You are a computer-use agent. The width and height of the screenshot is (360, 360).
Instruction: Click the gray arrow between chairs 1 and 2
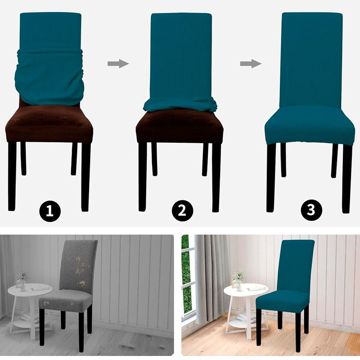(118, 63)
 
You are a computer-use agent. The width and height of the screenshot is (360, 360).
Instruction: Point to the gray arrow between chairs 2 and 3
(251, 63)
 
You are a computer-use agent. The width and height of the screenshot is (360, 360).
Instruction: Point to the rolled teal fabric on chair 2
(180, 105)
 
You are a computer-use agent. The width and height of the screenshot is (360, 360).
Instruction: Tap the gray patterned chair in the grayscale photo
(74, 279)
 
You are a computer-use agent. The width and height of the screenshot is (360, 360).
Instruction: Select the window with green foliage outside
(187, 274)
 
